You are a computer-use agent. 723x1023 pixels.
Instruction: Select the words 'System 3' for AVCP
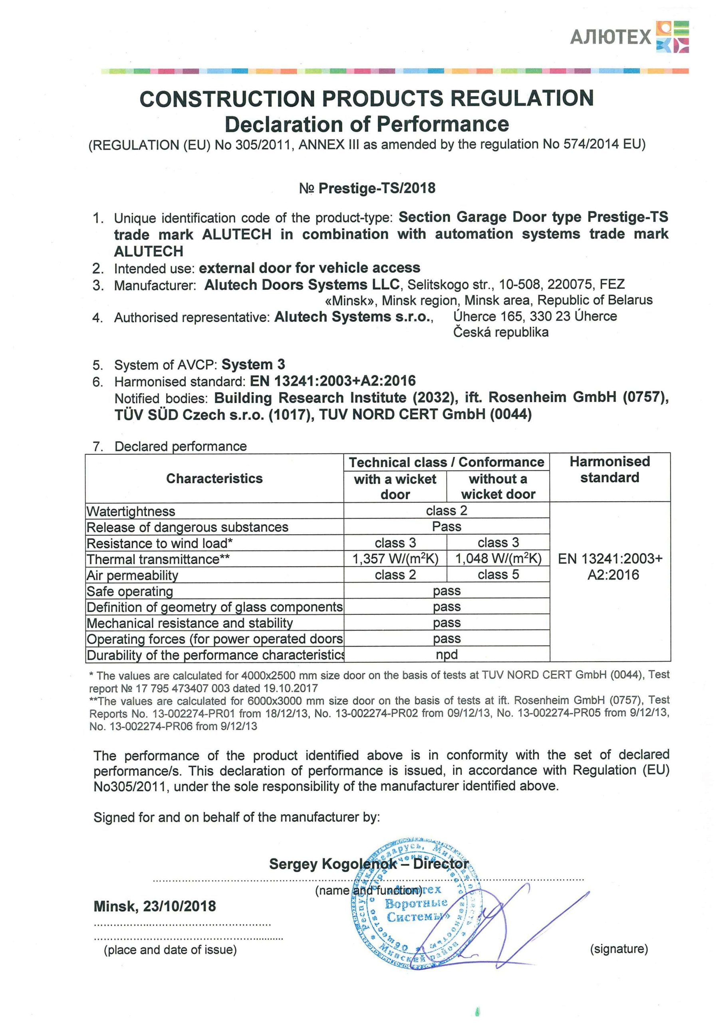click(x=253, y=364)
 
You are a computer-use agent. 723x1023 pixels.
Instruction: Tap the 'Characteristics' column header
click(x=214, y=478)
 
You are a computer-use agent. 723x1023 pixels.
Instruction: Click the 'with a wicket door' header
click(x=395, y=487)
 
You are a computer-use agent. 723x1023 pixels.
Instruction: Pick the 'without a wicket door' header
click(x=498, y=487)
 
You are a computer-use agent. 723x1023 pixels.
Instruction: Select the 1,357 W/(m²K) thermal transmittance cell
click(x=395, y=559)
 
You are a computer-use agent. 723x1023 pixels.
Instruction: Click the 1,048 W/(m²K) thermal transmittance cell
click(x=498, y=559)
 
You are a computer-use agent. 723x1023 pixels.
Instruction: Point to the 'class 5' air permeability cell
click(x=498, y=575)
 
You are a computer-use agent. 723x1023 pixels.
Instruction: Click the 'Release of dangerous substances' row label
click(x=188, y=527)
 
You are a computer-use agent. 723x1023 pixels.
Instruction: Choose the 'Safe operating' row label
click(x=130, y=591)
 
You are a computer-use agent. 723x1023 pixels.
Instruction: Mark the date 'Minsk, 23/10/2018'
click(x=155, y=906)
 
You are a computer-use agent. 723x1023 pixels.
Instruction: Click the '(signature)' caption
click(x=619, y=949)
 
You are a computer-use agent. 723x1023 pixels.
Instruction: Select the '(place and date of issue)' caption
click(x=170, y=950)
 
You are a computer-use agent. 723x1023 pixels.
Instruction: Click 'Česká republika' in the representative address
click(x=501, y=332)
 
